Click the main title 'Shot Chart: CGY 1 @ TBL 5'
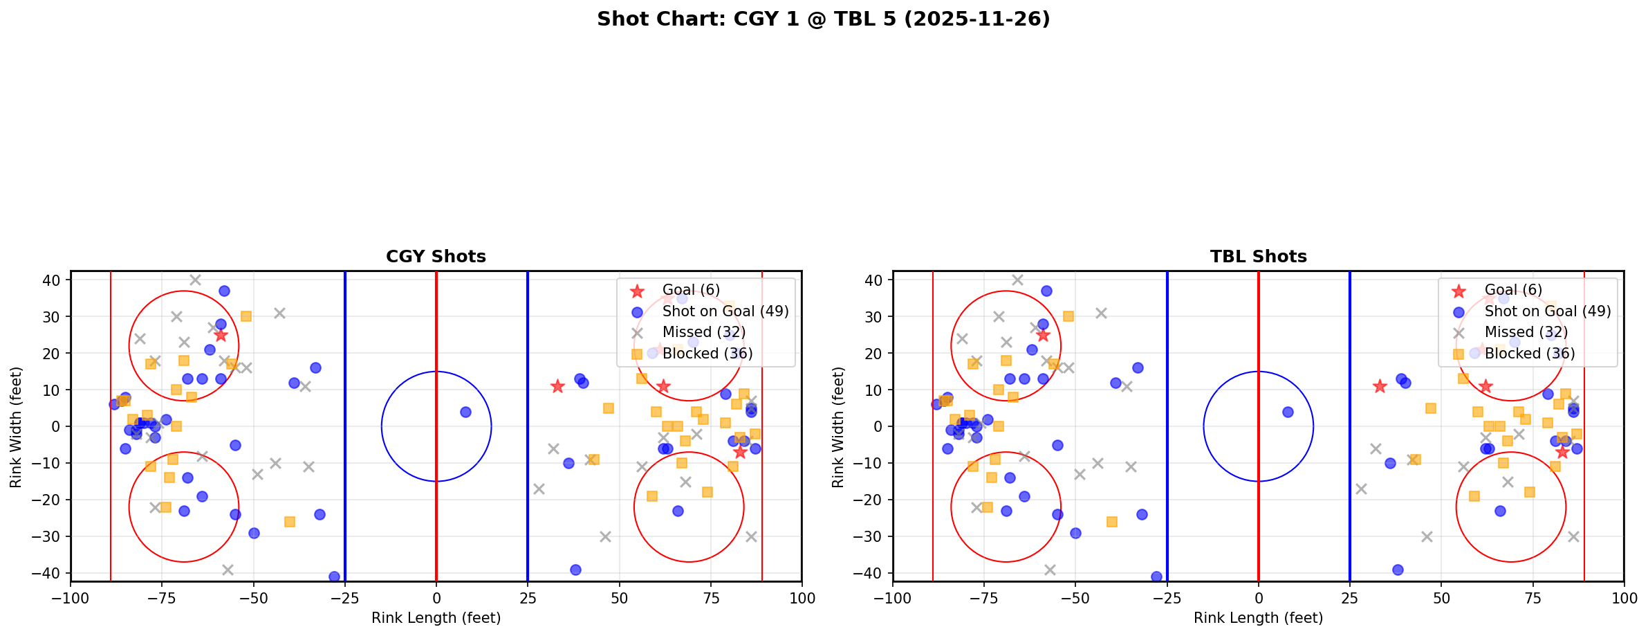tap(823, 19)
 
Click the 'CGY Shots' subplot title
tap(436, 257)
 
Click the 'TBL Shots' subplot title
tap(1258, 257)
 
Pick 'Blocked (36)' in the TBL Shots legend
tap(1530, 354)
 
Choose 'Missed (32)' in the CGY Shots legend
tap(703, 332)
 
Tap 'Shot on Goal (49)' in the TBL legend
tap(1548, 311)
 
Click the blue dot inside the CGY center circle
tap(465, 412)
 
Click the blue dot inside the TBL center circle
tap(1288, 412)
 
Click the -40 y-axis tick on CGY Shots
tap(52, 573)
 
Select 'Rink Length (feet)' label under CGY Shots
tap(436, 618)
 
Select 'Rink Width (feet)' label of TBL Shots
tap(838, 427)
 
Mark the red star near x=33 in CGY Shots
tap(557, 386)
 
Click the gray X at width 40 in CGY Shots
tap(195, 280)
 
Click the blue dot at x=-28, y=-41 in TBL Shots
tap(1156, 576)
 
